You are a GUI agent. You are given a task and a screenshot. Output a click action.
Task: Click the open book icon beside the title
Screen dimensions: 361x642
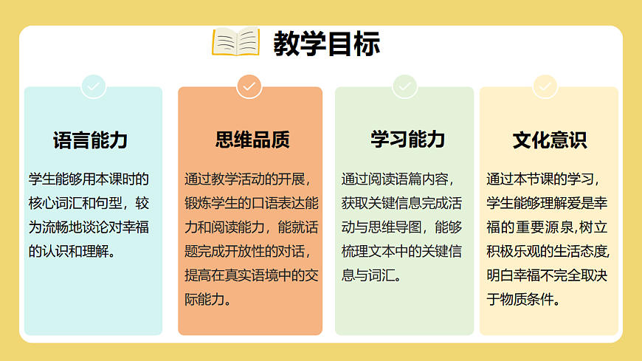[235, 43]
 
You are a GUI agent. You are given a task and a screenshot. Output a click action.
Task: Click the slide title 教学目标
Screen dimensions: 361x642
[326, 44]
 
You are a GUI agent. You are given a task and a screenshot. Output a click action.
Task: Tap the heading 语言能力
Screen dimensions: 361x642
[90, 140]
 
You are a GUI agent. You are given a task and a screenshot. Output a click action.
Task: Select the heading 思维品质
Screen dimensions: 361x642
[252, 140]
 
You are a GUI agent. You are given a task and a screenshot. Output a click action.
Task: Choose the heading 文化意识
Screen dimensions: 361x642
[549, 140]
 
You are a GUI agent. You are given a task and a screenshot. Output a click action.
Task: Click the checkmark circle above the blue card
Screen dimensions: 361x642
[94, 86]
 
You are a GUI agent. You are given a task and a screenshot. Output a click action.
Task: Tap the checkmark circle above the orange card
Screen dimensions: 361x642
[249, 86]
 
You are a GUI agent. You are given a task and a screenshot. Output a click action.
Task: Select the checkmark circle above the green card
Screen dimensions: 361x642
[404, 86]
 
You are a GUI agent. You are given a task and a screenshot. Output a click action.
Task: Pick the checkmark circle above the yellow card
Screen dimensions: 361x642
[545, 86]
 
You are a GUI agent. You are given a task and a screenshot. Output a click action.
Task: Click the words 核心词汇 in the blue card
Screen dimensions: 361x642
[54, 202]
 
